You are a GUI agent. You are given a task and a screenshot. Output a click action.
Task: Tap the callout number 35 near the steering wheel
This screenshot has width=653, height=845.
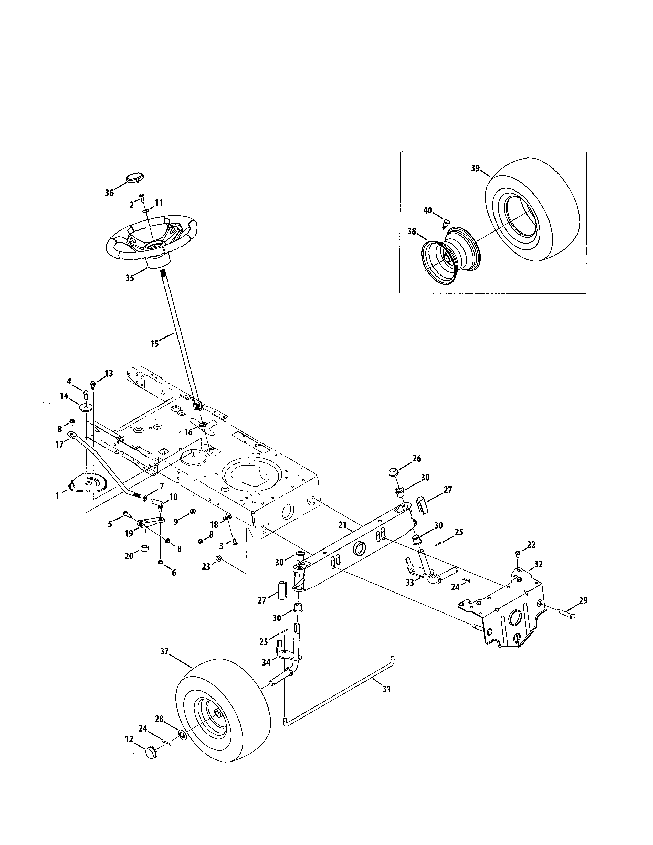(130, 278)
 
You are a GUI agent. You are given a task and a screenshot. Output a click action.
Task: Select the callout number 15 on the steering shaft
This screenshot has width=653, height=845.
(154, 343)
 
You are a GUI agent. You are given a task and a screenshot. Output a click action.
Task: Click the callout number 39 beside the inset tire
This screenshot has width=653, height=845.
(476, 168)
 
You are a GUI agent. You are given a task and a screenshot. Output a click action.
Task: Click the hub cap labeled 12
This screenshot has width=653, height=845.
(151, 753)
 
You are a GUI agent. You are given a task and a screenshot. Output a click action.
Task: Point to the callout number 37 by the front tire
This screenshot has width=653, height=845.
(164, 652)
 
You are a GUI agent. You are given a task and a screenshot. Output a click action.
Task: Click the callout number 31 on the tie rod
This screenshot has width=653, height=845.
(386, 689)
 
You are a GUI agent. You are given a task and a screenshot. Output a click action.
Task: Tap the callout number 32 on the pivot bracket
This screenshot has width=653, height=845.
(538, 565)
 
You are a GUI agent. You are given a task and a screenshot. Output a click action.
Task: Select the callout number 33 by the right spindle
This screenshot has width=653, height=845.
(409, 582)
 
